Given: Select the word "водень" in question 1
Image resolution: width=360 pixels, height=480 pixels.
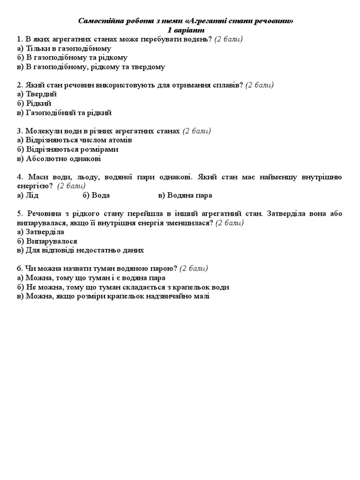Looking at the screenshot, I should pos(197,39).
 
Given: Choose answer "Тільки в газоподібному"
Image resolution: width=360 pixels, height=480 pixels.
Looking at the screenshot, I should pos(64,48).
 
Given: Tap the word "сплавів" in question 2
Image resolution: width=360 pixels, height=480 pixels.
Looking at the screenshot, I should pos(227,85).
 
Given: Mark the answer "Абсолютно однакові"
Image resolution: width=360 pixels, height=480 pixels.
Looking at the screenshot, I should pos(59,158).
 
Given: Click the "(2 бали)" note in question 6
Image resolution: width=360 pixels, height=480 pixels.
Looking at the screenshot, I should pos(194,269).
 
